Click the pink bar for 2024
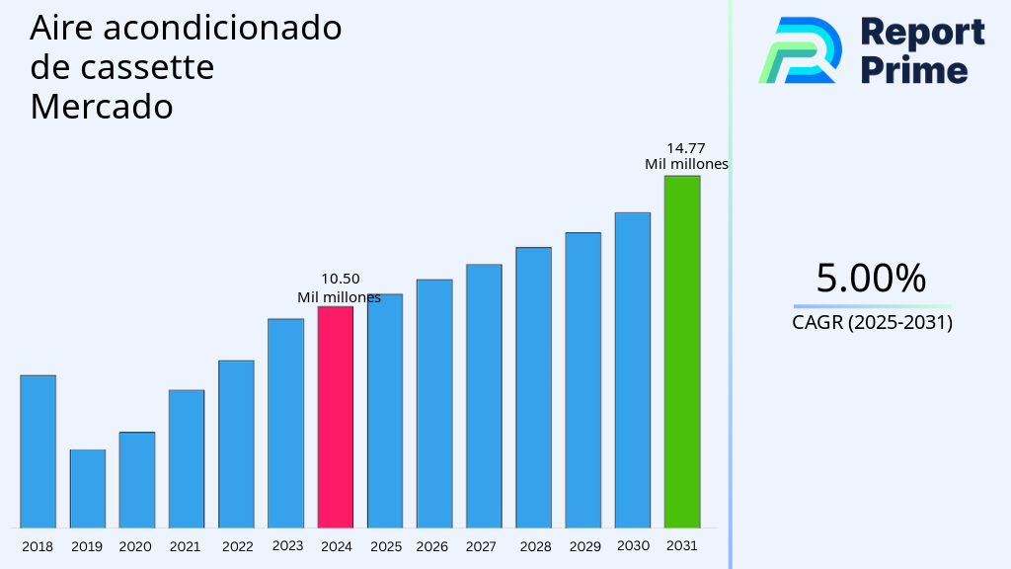pos(336,417)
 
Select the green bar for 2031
pos(682,352)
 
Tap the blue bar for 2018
pos(39,451)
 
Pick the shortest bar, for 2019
pos(88,489)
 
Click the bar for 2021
pos(187,458)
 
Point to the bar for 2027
pos(484,395)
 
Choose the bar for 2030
pos(633,369)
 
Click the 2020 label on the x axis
pos(135,546)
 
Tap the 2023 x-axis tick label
pos(287,545)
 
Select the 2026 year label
pos(432,546)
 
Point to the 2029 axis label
pos(584,546)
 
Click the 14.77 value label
pos(686,148)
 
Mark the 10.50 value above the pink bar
pos(341,280)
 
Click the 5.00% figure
pos(871,279)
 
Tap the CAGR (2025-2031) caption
pos(872,322)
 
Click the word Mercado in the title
pos(102,107)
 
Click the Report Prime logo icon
pos(800,50)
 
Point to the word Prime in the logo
pos(914,70)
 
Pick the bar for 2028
pos(533,387)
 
